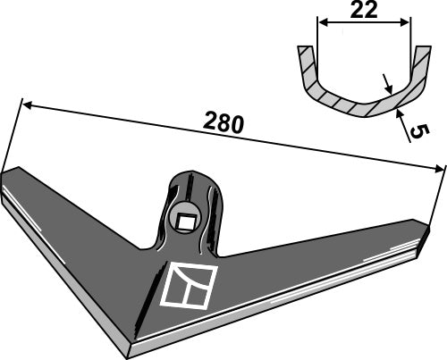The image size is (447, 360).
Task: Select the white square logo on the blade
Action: (x=190, y=285)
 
